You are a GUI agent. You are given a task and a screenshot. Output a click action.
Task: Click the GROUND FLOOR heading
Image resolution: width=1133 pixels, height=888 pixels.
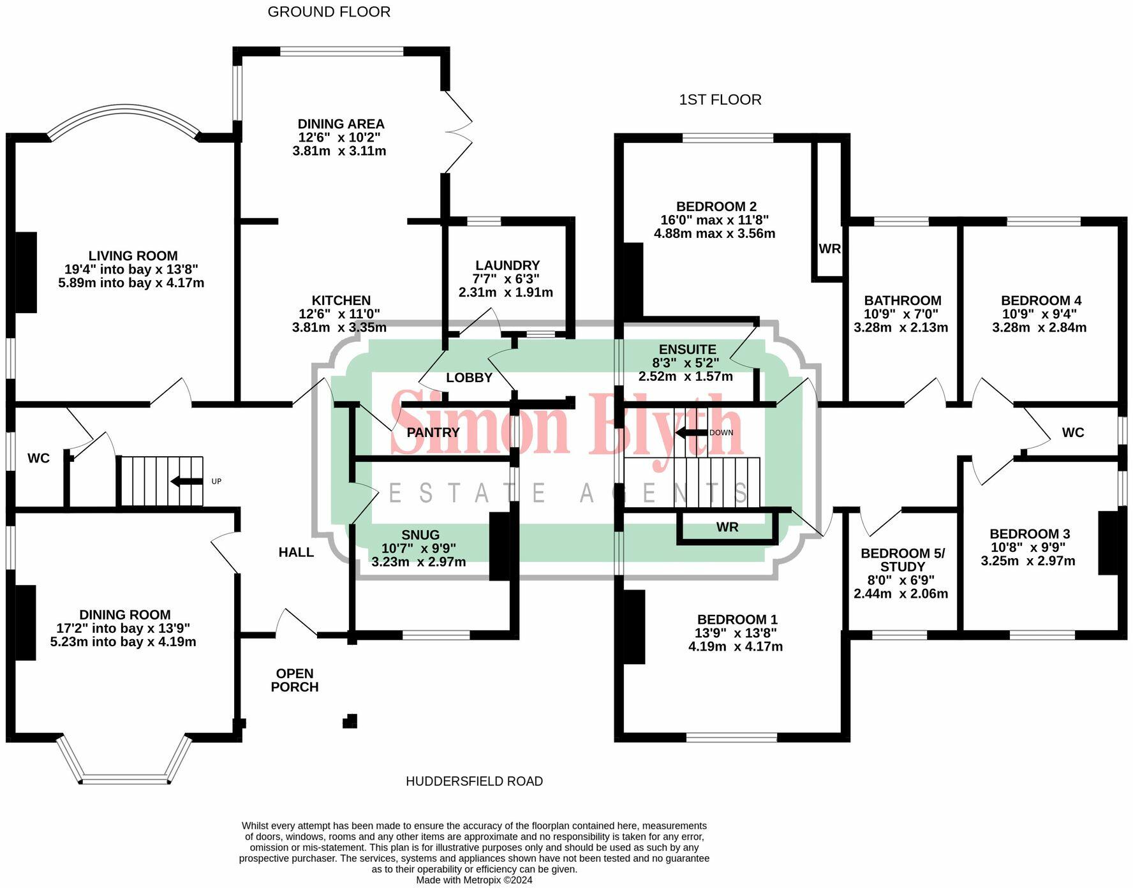coord(329,11)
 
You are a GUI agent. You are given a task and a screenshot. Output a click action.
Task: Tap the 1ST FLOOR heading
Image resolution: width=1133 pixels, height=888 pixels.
coord(720,100)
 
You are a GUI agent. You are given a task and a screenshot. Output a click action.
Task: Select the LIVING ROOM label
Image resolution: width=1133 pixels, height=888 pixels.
coord(133,256)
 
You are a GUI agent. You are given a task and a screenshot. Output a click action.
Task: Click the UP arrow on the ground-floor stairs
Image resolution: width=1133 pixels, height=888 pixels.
coord(187,481)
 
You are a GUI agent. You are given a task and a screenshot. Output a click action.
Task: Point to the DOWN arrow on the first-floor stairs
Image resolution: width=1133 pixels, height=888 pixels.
coord(691,433)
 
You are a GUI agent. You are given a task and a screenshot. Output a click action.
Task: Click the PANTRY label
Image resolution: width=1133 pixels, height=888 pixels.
coord(433,433)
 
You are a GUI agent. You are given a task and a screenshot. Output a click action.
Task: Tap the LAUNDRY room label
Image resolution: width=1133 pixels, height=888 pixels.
coord(507,265)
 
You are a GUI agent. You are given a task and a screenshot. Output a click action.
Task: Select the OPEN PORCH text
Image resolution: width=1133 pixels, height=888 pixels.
coord(294,680)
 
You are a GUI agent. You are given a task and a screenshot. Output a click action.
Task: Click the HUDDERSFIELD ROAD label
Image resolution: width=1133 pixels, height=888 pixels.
coord(474,781)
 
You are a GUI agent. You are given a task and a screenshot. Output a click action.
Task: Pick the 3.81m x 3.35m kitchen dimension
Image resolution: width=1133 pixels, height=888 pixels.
coord(339,328)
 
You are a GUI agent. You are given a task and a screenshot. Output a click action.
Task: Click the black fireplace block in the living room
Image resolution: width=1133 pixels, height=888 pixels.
coord(26,272)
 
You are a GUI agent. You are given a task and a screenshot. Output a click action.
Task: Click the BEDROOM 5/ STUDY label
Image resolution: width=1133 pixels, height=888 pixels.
coord(902,560)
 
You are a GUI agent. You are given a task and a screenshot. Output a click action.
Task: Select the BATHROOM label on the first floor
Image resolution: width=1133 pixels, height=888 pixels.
coord(902,300)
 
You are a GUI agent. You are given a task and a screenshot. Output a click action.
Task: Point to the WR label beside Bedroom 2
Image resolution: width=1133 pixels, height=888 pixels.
coord(829,249)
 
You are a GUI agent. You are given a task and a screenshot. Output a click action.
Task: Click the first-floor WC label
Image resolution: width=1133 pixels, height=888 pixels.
coord(1072,433)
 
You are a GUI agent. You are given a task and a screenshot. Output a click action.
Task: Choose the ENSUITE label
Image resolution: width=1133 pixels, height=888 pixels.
coord(687,350)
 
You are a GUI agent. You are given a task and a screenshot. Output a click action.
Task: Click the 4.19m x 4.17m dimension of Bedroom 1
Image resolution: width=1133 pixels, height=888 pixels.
coord(735,646)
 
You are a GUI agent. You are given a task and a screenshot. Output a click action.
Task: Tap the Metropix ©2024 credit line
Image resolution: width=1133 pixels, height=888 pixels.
coord(474,880)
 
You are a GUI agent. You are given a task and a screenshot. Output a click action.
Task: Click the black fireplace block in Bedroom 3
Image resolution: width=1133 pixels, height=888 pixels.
coord(1109,543)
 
